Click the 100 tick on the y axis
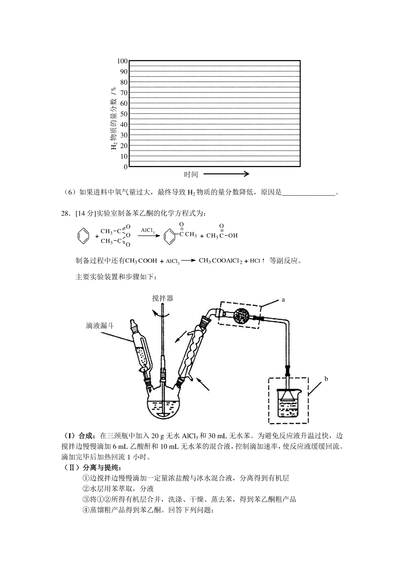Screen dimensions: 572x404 pos(122,61)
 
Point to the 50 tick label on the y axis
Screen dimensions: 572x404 pos(124,114)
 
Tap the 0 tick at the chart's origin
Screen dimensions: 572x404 pos(126,167)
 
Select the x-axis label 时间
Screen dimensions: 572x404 pos(191,174)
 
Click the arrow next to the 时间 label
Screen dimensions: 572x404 pos(226,174)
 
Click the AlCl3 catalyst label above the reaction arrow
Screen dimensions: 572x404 pos(148,231)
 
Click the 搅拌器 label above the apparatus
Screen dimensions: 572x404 pos(163,298)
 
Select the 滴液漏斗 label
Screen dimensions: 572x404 pos(100,325)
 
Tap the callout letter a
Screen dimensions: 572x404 pos(283,299)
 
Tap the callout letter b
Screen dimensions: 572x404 pos(326,379)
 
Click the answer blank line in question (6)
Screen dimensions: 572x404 pos(309,193)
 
